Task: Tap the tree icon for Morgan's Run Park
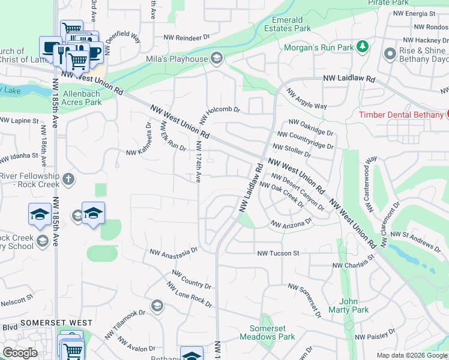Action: [x=362, y=46]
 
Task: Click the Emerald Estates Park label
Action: [x=291, y=24]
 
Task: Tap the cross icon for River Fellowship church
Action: [x=69, y=179]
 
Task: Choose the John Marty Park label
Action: [x=348, y=306]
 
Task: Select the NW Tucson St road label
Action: [x=278, y=254]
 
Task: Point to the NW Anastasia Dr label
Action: [x=173, y=251]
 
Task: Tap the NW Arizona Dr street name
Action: [x=292, y=223]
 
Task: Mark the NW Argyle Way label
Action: [x=307, y=100]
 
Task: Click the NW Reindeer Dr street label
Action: [x=188, y=37]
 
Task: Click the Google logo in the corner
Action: [x=20, y=353]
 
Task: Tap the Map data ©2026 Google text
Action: [x=412, y=355]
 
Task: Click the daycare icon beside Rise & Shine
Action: [x=390, y=52]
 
